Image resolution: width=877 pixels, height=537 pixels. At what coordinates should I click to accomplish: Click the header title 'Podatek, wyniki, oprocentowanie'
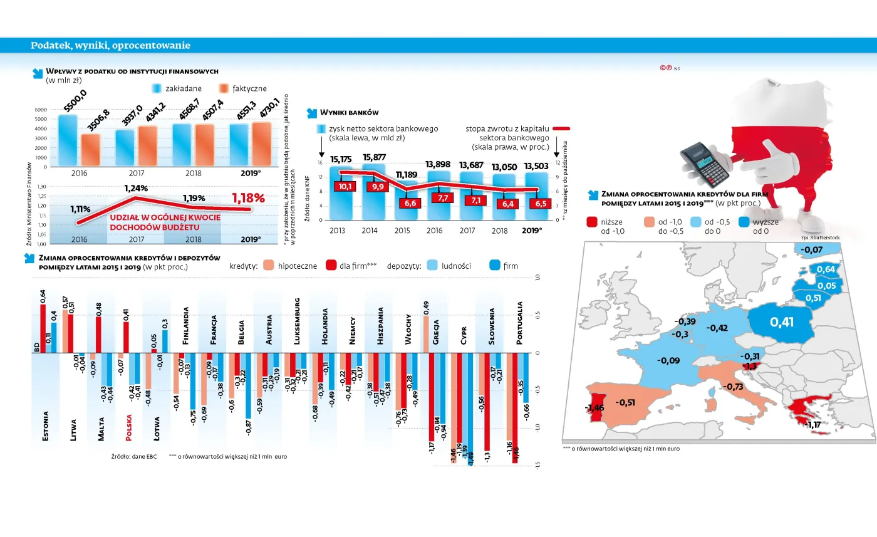[x=110, y=46]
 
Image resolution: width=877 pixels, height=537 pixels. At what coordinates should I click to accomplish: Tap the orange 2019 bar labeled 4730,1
[x=261, y=143]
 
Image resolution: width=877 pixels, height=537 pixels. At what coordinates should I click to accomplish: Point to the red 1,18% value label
[x=248, y=197]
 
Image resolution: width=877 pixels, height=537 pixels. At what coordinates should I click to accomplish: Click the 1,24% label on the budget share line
[x=136, y=188]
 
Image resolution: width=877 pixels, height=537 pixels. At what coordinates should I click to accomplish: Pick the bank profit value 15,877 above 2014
[x=374, y=157]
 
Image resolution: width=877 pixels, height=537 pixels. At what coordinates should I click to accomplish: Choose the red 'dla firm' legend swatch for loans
[x=331, y=266]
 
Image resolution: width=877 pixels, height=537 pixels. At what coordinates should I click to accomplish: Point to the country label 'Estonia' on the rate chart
[x=46, y=427]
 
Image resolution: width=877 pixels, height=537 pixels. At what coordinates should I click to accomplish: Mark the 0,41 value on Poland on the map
[x=782, y=323]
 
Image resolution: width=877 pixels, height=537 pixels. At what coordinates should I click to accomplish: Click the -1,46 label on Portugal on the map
[x=594, y=408]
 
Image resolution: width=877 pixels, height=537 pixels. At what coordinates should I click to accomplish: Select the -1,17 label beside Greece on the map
[x=814, y=425]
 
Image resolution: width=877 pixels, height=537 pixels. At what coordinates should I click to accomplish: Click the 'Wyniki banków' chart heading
[x=349, y=113]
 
